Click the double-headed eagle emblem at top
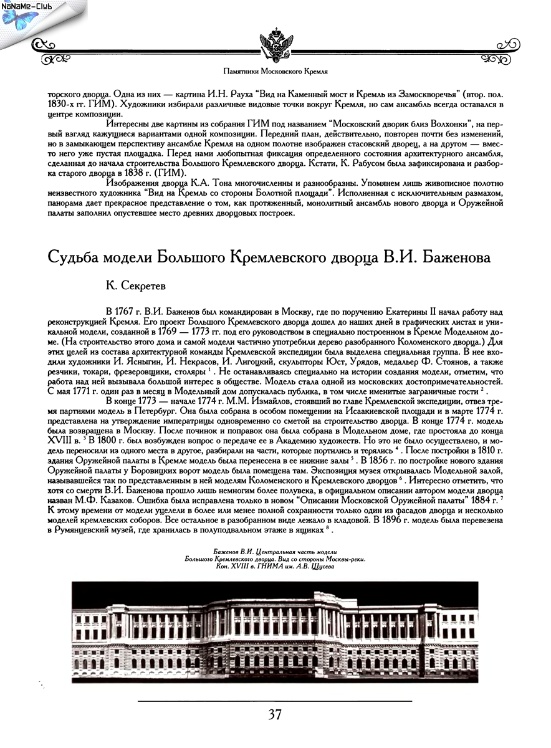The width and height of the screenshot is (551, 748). coord(275,44)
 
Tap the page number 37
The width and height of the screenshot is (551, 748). coord(275,715)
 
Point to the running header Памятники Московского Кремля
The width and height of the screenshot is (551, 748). coord(275,72)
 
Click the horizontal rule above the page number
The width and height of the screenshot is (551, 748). coord(275,701)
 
